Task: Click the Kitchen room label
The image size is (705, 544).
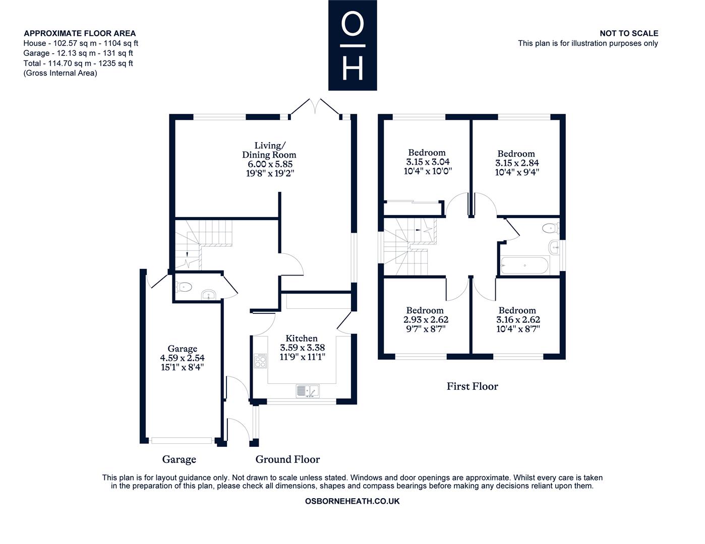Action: (x=302, y=338)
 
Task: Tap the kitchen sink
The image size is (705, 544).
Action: (x=308, y=391)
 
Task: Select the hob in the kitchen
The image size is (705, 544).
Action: (x=260, y=361)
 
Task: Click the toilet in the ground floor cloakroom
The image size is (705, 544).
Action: (x=184, y=287)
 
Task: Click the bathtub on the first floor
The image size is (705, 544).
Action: (x=525, y=265)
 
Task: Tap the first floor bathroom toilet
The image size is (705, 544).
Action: (x=551, y=228)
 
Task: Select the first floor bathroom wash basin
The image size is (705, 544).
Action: (x=555, y=248)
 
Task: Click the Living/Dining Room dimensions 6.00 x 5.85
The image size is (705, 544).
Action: (x=270, y=164)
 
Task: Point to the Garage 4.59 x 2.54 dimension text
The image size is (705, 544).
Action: (x=183, y=358)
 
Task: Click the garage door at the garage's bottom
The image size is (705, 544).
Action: (x=182, y=440)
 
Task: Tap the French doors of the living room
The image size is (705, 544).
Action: (x=315, y=107)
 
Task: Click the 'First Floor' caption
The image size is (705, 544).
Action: (x=472, y=386)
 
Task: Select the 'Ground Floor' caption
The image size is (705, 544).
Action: (x=287, y=459)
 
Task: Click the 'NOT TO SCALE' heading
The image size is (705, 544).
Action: (x=629, y=33)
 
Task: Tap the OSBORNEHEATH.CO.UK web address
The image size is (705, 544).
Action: (x=352, y=501)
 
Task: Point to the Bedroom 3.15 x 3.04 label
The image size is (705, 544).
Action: (x=428, y=162)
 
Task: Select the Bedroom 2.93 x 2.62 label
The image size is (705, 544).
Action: (x=426, y=320)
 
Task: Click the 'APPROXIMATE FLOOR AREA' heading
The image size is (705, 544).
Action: (x=80, y=33)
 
